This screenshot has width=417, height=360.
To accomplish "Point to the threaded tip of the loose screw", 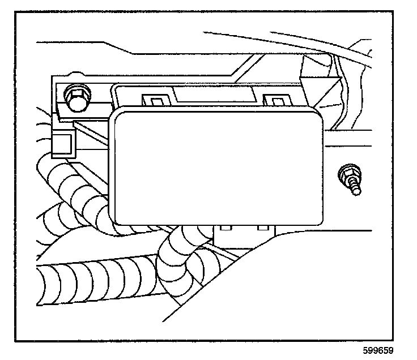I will click(356, 191).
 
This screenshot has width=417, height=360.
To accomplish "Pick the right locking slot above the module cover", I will click(278, 101).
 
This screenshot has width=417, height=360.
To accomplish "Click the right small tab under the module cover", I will click(262, 229).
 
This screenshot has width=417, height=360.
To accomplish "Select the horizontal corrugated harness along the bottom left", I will click(85, 280).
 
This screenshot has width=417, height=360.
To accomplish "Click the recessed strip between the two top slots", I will click(215, 94).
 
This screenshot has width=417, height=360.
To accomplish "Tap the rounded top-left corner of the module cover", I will click(117, 116).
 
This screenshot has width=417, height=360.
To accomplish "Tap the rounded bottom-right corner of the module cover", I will click(319, 218).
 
